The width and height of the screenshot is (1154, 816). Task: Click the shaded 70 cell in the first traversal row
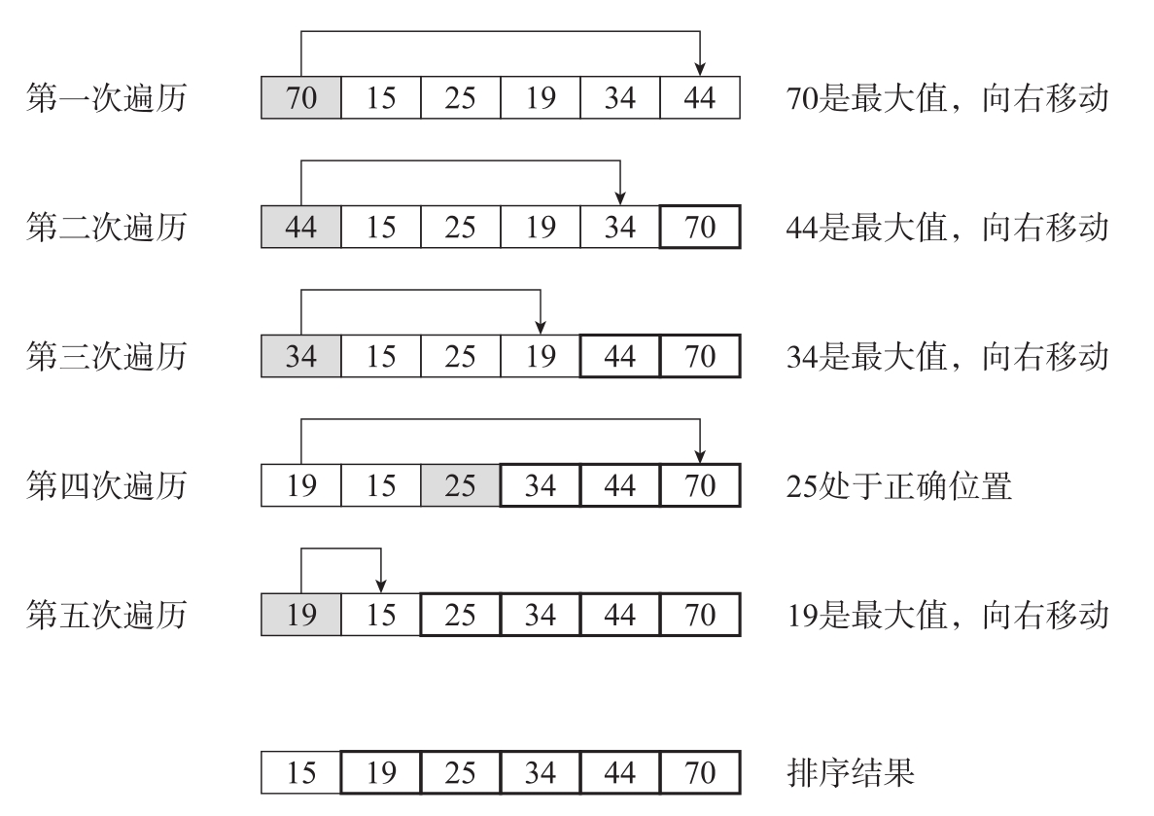coord(301,99)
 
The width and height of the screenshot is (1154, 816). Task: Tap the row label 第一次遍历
coord(105,99)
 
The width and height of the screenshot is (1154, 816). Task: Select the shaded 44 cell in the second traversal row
coord(301,228)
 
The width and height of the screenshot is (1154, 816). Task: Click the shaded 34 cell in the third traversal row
coord(301,357)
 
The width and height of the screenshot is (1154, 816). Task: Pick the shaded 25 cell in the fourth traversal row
coord(461,486)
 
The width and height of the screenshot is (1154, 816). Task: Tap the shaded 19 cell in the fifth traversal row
coord(301,616)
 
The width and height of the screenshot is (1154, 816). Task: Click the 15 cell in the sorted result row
coord(301,773)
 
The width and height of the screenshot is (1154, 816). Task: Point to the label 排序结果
coord(849,773)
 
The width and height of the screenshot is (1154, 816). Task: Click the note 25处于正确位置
coord(899,486)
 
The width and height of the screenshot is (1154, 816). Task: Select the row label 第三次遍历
coord(105,357)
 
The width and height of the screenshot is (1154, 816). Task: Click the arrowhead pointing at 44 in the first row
coord(700,69)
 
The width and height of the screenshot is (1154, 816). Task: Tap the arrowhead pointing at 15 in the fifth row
coord(381,585)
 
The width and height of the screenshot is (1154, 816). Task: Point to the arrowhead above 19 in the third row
coord(541,327)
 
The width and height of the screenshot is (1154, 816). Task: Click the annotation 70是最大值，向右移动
coord(946,99)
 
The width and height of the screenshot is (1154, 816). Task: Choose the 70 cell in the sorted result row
coord(700,773)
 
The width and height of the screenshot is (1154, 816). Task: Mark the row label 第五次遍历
coord(105,616)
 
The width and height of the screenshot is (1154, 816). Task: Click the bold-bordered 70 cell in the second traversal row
coord(700,228)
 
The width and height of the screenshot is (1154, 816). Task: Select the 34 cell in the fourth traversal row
coord(541,486)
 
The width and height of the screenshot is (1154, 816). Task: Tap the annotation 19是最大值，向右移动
coord(946,616)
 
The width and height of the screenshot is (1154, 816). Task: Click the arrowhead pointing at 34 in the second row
coord(620,197)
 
